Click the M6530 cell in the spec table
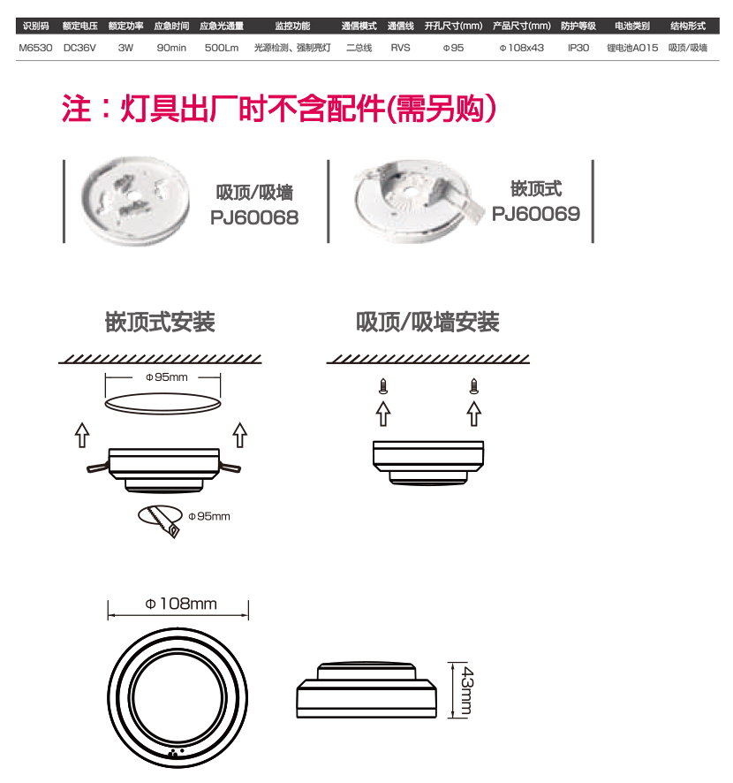pyautogui.click(x=35, y=48)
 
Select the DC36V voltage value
pyautogui.click(x=79, y=48)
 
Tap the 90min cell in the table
pyautogui.click(x=171, y=48)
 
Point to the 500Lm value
pyautogui.click(x=222, y=48)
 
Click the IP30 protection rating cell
pyautogui.click(x=578, y=48)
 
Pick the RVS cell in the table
pyautogui.click(x=400, y=48)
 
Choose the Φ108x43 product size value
pyautogui.click(x=521, y=48)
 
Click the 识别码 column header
pyautogui.click(x=36, y=26)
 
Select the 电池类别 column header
pyautogui.click(x=632, y=26)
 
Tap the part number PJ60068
pyautogui.click(x=254, y=217)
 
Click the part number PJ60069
pyautogui.click(x=536, y=214)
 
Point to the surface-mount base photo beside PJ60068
pyautogui.click(x=135, y=201)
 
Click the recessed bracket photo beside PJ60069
pyautogui.click(x=418, y=201)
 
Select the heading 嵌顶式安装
pyautogui.click(x=160, y=322)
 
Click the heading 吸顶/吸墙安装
pyautogui.click(x=427, y=322)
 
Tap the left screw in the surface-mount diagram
pyautogui.click(x=383, y=386)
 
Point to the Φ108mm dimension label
pyautogui.click(x=181, y=604)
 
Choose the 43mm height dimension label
pyautogui.click(x=466, y=690)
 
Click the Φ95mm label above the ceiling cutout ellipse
pyautogui.click(x=167, y=377)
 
